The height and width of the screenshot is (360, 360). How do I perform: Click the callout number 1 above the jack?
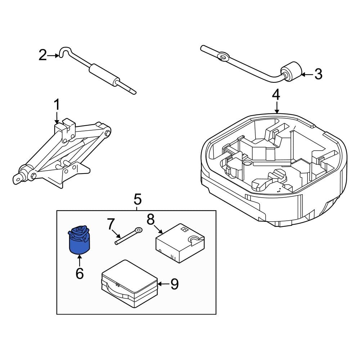click(x=57, y=105)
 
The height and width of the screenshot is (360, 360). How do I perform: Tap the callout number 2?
click(x=43, y=55)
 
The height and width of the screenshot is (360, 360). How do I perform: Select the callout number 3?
click(x=318, y=74)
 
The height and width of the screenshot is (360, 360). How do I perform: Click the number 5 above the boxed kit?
click(x=138, y=199)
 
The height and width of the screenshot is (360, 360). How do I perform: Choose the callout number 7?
click(x=111, y=224)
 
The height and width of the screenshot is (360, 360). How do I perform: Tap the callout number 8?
click(x=150, y=219)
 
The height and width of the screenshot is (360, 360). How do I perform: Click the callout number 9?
click(x=175, y=284)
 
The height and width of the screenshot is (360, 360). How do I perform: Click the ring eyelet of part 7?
click(x=139, y=230)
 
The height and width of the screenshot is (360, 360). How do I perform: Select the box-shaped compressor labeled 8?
click(x=180, y=243)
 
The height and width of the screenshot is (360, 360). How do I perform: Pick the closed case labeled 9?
click(x=130, y=284)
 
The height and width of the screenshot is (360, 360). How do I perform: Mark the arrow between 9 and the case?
click(x=163, y=284)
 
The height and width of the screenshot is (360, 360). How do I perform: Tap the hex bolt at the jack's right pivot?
click(x=107, y=133)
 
